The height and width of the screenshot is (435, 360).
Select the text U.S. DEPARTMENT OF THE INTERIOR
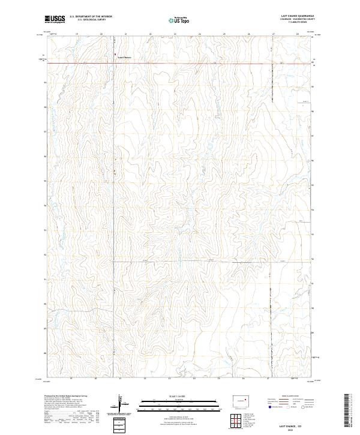tap(91, 17)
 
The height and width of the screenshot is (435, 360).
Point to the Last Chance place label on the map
tap(124, 58)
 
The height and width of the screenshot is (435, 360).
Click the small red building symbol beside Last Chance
tap(116, 56)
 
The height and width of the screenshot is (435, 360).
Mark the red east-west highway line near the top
tap(210, 63)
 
